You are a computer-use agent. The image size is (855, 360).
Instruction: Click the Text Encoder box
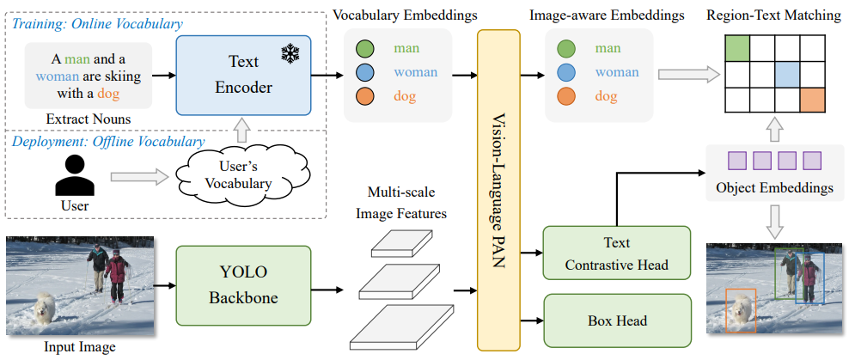point(243,76)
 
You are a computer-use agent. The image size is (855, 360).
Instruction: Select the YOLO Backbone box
point(243,285)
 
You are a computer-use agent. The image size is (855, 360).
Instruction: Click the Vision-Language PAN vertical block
point(498,190)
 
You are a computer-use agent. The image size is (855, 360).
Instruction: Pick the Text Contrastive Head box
point(617,253)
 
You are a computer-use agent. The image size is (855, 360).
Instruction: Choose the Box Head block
point(617,320)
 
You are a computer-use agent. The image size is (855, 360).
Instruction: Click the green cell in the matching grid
point(737,48)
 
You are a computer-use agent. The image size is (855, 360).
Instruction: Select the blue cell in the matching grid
point(787,74)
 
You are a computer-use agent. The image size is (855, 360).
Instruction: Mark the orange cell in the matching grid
point(812,100)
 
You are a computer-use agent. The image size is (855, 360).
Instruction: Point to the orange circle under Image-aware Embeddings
point(566,96)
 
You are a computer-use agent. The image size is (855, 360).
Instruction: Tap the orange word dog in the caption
point(108,94)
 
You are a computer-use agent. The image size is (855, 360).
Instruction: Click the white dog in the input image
point(44,309)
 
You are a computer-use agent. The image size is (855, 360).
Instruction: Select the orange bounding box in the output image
point(741,310)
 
